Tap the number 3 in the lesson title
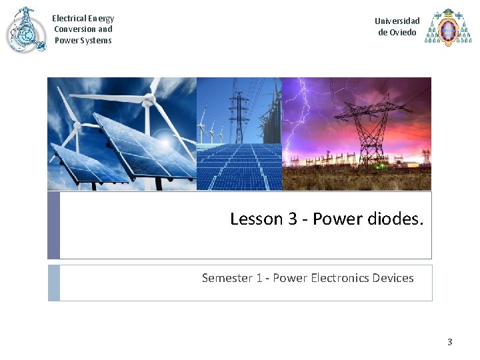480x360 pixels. (293, 219)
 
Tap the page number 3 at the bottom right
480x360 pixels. (449, 342)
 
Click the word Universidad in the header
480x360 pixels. (397, 21)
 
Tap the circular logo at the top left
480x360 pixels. (25, 30)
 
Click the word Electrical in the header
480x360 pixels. (69, 19)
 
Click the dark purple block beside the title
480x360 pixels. (53, 225)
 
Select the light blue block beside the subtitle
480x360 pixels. (53, 283)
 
